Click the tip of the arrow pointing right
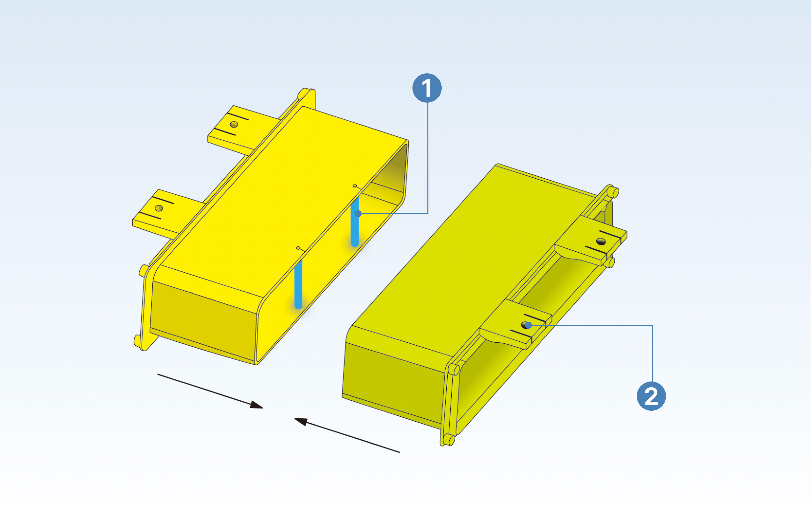tap(263, 408)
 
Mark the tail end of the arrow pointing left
tap(400, 452)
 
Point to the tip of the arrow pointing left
tap(294, 418)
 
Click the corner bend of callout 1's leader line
tap(428, 213)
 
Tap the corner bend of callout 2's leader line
tap(652, 325)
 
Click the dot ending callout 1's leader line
tap(358, 213)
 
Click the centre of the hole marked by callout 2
tap(526, 325)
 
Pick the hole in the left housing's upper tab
tap(234, 125)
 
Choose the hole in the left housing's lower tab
tap(159, 209)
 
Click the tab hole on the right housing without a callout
tap(601, 241)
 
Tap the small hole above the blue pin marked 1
tap(354, 186)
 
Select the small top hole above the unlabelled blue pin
tap(298, 248)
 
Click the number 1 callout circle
tap(427, 88)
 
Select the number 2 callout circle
tap(651, 396)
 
